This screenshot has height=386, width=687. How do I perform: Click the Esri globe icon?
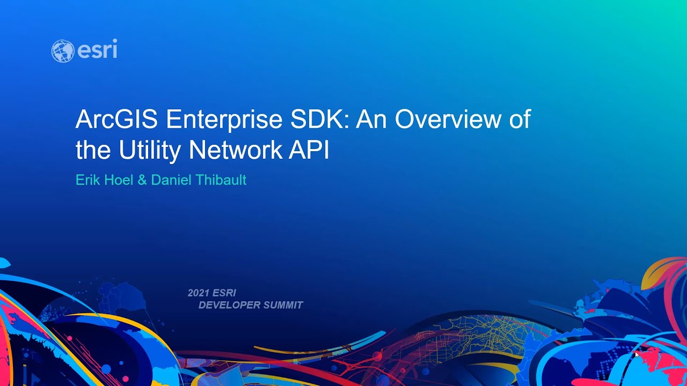[62, 51]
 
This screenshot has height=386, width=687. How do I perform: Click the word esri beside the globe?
[97, 50]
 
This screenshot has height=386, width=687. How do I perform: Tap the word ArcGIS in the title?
[116, 120]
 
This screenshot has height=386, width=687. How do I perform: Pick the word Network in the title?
[236, 151]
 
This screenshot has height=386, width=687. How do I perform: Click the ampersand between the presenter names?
[142, 180]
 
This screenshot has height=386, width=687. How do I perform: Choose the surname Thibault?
[220, 180]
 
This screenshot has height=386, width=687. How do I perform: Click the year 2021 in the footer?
[198, 293]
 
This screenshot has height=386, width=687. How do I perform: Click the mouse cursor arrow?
[637, 354]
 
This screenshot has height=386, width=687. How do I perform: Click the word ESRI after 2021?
[224, 293]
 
